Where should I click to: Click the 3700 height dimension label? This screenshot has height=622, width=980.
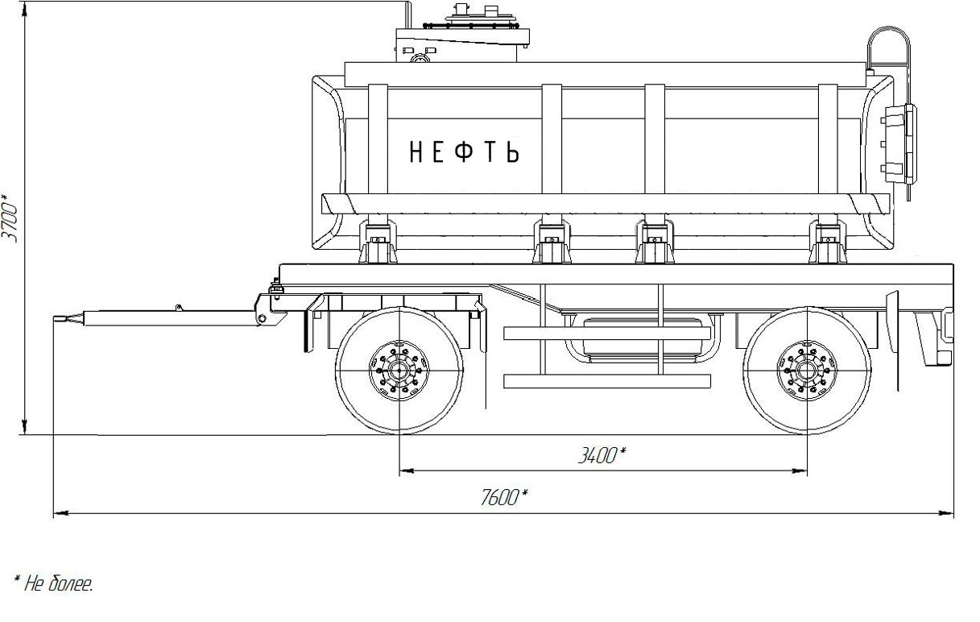[x=10, y=218]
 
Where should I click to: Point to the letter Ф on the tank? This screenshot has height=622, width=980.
[x=464, y=151]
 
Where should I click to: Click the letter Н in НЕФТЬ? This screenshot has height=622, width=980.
[x=416, y=151]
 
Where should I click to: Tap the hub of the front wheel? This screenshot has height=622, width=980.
[x=399, y=371]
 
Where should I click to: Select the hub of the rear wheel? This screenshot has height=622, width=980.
[x=807, y=371]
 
